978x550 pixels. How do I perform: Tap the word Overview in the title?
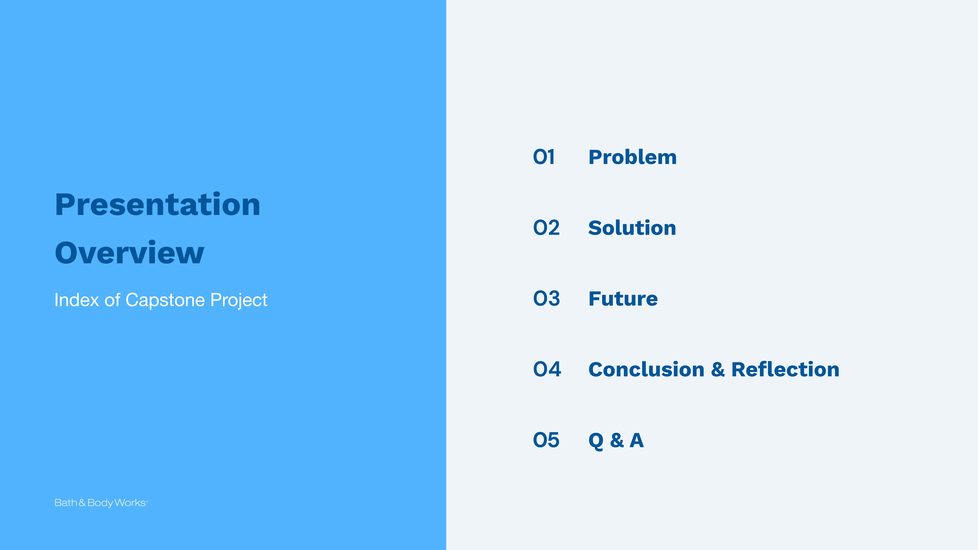[129, 252]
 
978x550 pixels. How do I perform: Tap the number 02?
[546, 228]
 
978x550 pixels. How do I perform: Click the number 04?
[547, 369]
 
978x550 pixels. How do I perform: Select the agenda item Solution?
[632, 228]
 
